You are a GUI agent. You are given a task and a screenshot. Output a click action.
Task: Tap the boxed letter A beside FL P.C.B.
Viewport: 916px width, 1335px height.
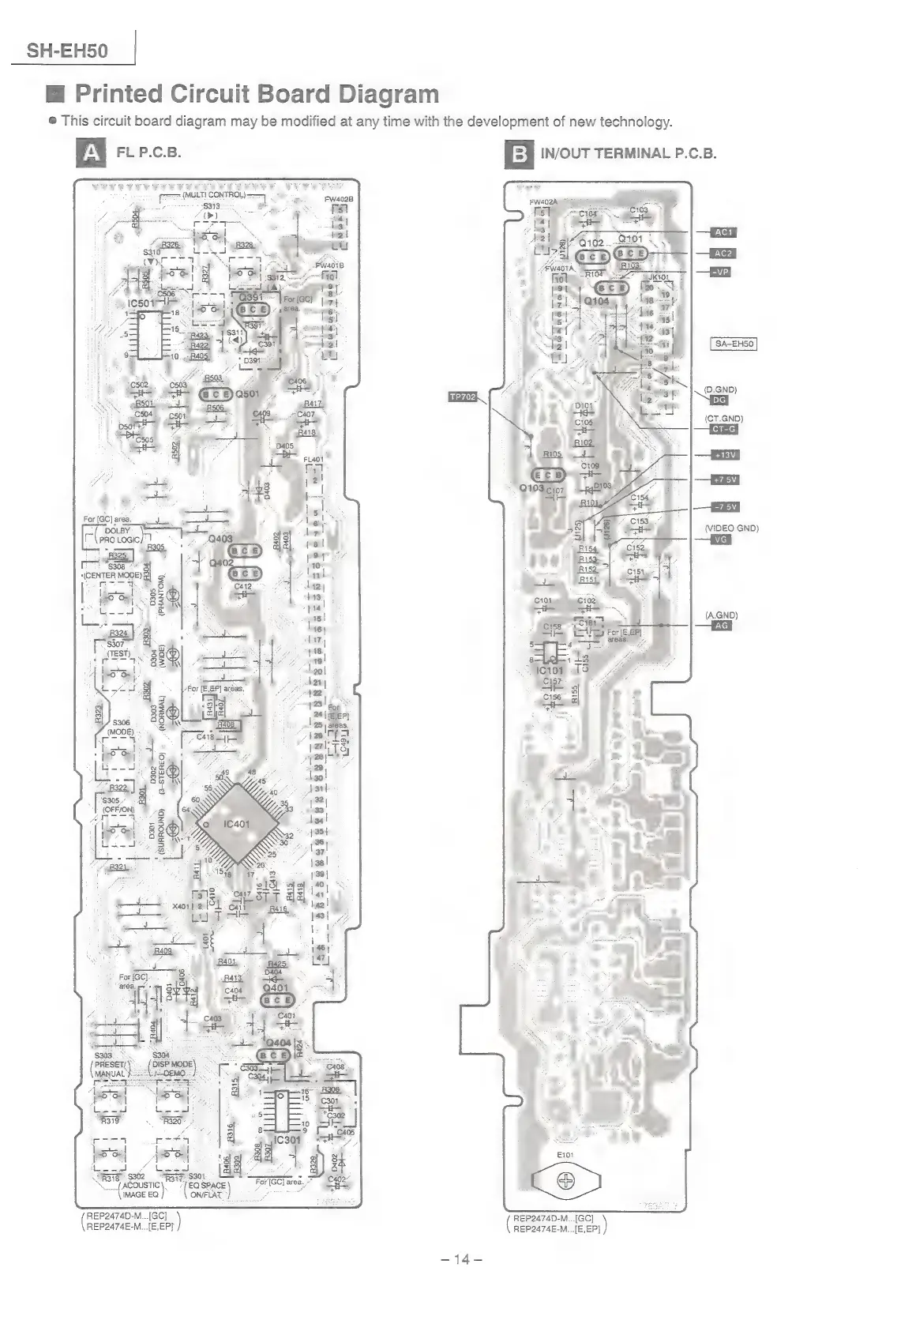[92, 152]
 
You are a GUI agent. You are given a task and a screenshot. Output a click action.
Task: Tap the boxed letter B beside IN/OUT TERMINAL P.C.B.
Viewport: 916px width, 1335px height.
[519, 153]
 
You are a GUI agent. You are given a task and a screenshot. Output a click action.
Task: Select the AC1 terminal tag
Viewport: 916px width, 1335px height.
[723, 232]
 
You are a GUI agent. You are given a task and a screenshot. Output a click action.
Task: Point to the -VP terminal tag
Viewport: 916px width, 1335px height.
[719, 272]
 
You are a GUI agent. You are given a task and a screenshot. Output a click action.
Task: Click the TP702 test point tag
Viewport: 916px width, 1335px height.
[462, 397]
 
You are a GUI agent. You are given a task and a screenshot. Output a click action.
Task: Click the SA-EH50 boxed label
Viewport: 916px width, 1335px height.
[734, 344]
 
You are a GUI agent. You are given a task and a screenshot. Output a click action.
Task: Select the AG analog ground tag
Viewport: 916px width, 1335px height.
[720, 626]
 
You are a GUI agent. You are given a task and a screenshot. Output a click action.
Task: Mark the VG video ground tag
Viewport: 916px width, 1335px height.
[719, 540]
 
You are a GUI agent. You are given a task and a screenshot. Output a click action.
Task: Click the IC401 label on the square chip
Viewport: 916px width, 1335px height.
[236, 824]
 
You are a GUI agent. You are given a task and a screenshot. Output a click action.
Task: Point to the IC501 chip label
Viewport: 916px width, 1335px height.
[144, 303]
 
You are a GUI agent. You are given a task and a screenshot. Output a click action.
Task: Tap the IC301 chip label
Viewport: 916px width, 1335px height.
[286, 1140]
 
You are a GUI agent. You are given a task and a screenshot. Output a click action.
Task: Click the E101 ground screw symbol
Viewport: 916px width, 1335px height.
[565, 1181]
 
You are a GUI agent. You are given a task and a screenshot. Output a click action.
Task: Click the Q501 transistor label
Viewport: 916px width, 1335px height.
[247, 393]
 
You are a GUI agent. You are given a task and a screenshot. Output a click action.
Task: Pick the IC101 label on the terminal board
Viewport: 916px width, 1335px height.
[550, 670]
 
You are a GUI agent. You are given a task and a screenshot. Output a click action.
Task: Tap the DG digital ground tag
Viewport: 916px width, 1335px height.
[719, 400]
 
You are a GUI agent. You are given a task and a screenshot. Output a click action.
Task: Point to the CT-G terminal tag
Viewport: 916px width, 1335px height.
[723, 429]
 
